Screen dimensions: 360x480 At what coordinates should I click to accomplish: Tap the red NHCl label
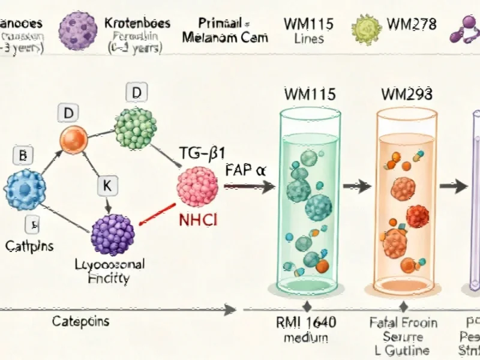198,220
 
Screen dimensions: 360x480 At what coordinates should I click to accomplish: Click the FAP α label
246,170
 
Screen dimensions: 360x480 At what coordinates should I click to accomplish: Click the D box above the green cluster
136,93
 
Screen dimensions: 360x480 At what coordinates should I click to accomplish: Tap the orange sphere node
74,138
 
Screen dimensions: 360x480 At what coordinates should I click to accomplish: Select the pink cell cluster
199,186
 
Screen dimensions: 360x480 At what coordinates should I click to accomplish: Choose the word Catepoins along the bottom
80,321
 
